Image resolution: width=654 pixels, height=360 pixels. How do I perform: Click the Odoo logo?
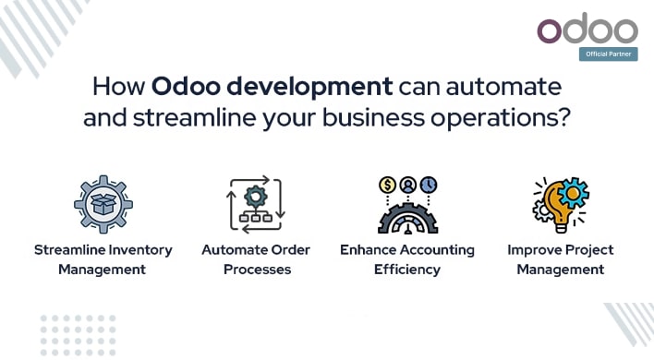[x=587, y=29]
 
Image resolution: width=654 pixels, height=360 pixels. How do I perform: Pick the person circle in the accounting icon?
[x=407, y=184]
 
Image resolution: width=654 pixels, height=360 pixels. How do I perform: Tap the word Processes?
[x=256, y=270]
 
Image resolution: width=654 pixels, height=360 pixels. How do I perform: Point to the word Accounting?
[x=437, y=250]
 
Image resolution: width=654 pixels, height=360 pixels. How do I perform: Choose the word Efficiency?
[x=406, y=270]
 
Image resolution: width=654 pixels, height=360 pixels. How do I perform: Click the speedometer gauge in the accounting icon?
[x=407, y=220]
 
